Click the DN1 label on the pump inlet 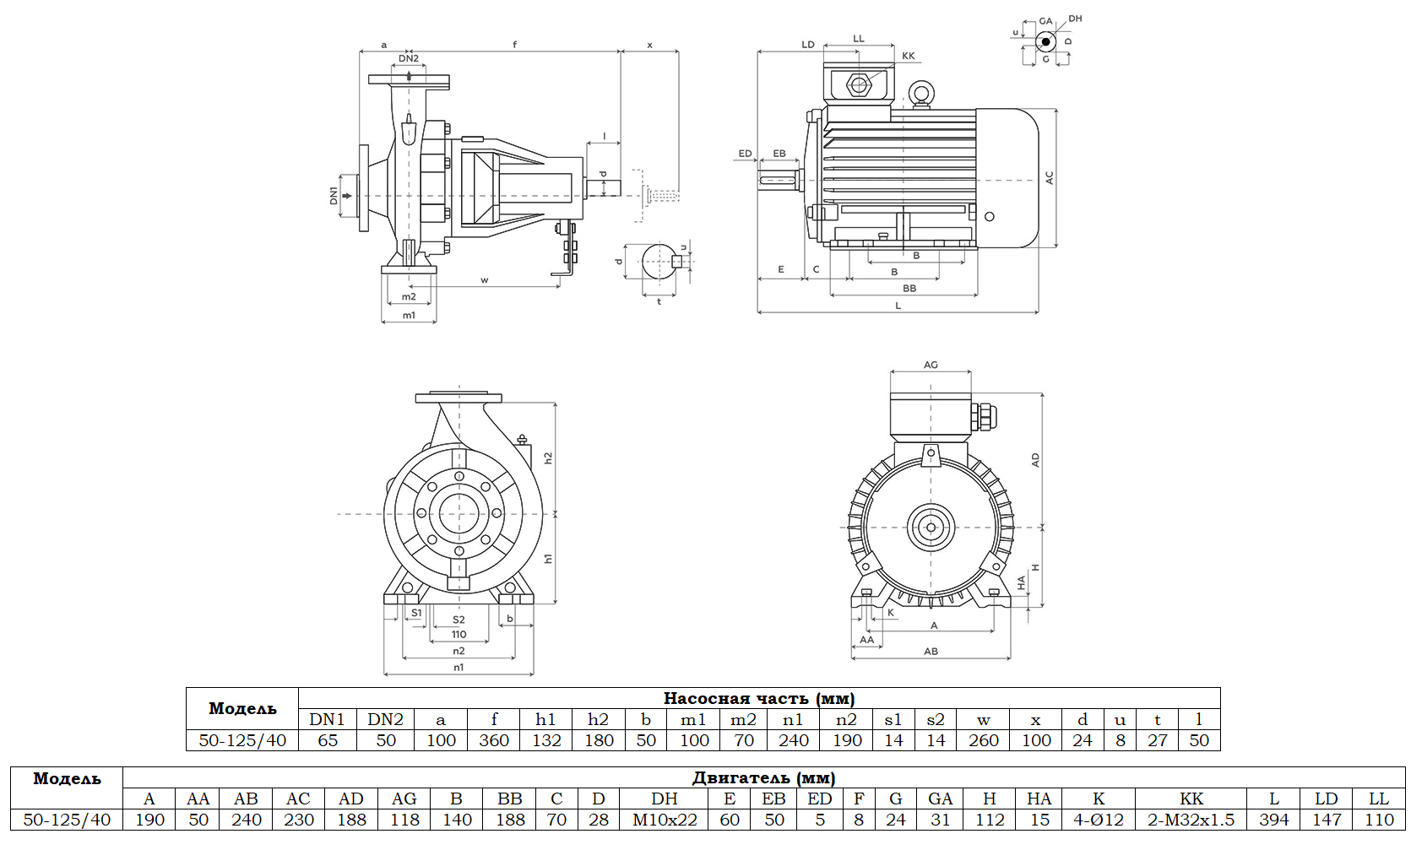(x=334, y=196)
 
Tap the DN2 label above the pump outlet (x=409, y=58)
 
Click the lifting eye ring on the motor (x=920, y=93)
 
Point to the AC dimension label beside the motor (x=1050, y=178)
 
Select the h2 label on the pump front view (x=548, y=457)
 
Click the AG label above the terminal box (x=931, y=365)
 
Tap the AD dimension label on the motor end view (x=1036, y=460)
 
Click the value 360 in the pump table (x=494, y=740)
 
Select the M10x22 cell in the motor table (x=665, y=820)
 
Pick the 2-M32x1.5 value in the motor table (x=1191, y=820)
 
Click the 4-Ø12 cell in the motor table (x=1099, y=820)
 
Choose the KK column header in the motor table (x=1191, y=799)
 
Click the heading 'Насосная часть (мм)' (x=758, y=698)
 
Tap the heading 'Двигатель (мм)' (x=763, y=777)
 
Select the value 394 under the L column (x=1273, y=820)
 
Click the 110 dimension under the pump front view (x=459, y=635)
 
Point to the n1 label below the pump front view (x=459, y=668)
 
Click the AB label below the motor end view (x=931, y=652)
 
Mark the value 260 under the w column (x=984, y=740)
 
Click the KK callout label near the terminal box (x=909, y=56)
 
